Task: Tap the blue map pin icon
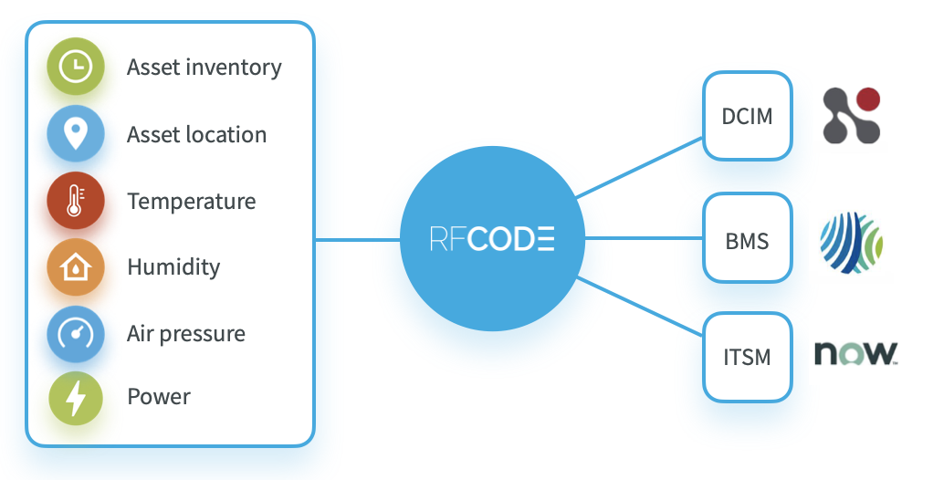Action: [76, 134]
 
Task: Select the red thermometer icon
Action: [76, 201]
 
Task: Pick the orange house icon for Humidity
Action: [76, 267]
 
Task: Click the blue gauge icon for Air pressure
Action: [76, 334]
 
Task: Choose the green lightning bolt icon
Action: [76, 398]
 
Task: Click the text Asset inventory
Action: [204, 68]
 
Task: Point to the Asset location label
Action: [196, 135]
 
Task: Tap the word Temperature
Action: [191, 201]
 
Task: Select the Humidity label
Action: [173, 267]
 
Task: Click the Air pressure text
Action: [185, 334]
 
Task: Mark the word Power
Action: [158, 398]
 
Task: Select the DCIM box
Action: [747, 117]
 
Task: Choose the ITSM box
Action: [747, 357]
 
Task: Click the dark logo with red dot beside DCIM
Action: [851, 116]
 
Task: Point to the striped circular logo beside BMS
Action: [851, 244]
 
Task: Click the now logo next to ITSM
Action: [855, 354]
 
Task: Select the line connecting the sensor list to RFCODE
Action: [357, 240]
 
